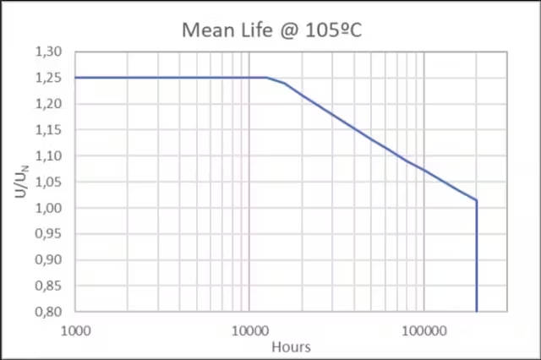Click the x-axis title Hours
pyautogui.click(x=291, y=346)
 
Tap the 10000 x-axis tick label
pyautogui.click(x=249, y=329)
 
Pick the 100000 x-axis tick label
pyautogui.click(x=423, y=329)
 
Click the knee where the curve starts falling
pyautogui.click(x=267, y=78)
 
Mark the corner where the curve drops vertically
pyautogui.click(x=477, y=200)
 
